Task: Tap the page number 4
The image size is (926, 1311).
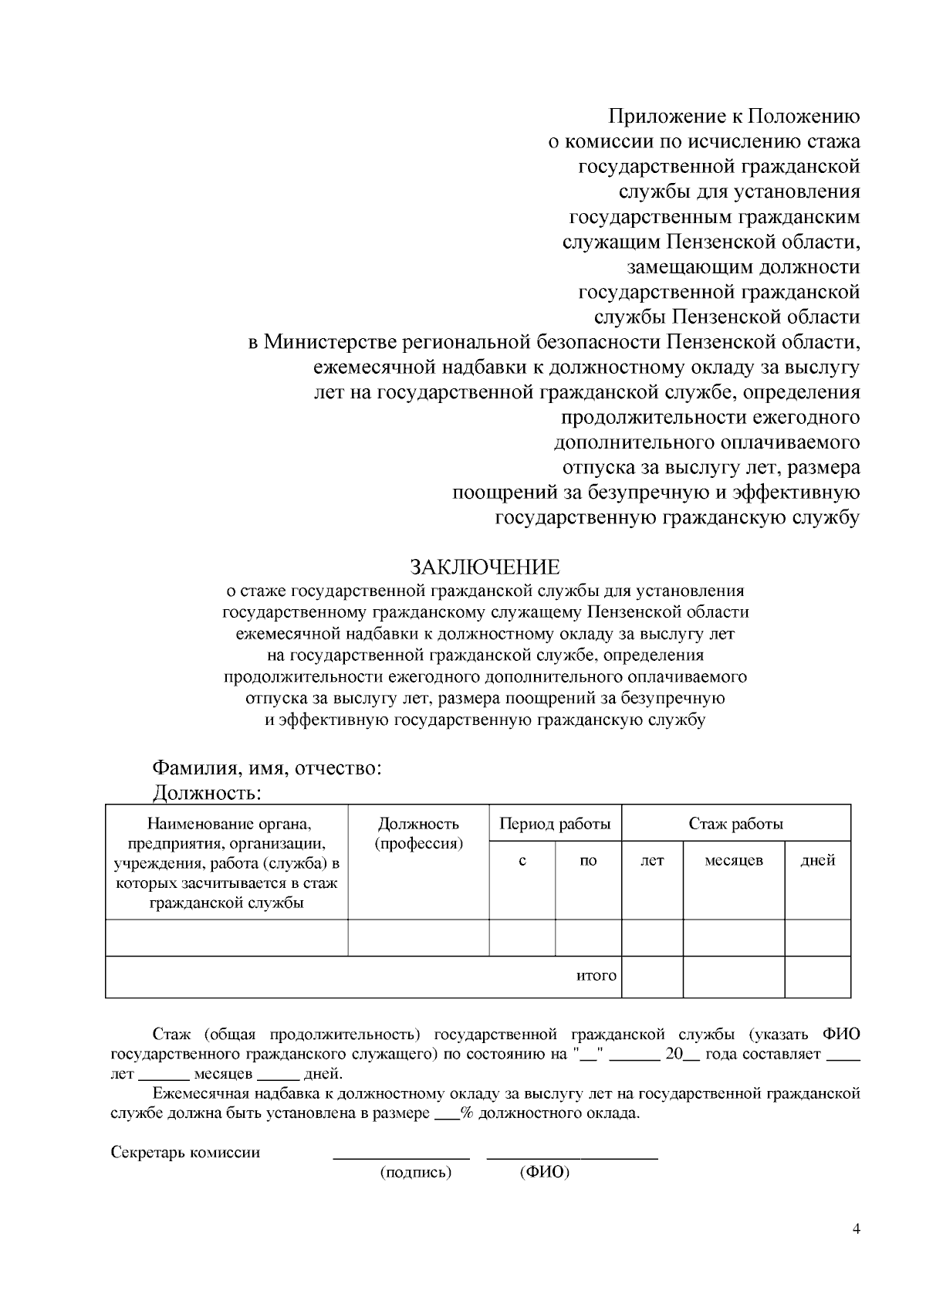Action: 856,1230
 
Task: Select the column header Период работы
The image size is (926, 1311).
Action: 555,824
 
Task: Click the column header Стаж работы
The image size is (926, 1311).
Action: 735,824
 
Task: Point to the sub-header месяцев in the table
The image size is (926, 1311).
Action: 733,860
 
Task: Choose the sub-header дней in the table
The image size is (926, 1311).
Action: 817,860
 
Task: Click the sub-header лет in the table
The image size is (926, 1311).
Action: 652,860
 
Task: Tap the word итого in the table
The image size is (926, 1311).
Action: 596,975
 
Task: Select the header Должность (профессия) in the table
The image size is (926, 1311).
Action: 418,833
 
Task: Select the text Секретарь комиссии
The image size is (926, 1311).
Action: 185,1153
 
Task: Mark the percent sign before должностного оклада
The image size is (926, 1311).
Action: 466,1114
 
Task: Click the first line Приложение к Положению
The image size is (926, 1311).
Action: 734,117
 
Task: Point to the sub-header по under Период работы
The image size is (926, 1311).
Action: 587,860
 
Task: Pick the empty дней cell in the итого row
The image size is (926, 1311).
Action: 817,977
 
